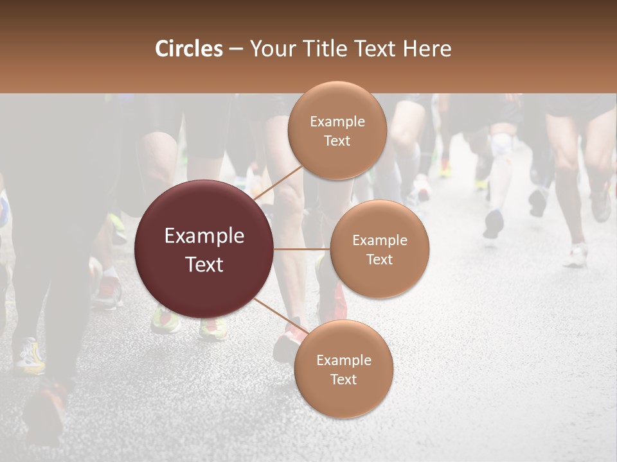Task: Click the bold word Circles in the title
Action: coord(189,49)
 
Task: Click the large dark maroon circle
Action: coord(204,250)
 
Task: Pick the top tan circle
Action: coord(337,130)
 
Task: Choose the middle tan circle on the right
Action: coord(379,249)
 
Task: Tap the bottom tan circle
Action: coord(343,369)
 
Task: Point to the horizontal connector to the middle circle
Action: coord(302,249)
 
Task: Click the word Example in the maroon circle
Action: coord(204,236)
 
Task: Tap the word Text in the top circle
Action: coord(337,141)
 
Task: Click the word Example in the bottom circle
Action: coord(343,360)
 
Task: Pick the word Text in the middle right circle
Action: coord(379,259)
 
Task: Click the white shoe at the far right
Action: coord(576,257)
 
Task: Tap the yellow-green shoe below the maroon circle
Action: coord(165,320)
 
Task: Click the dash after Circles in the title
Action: coord(236,49)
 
